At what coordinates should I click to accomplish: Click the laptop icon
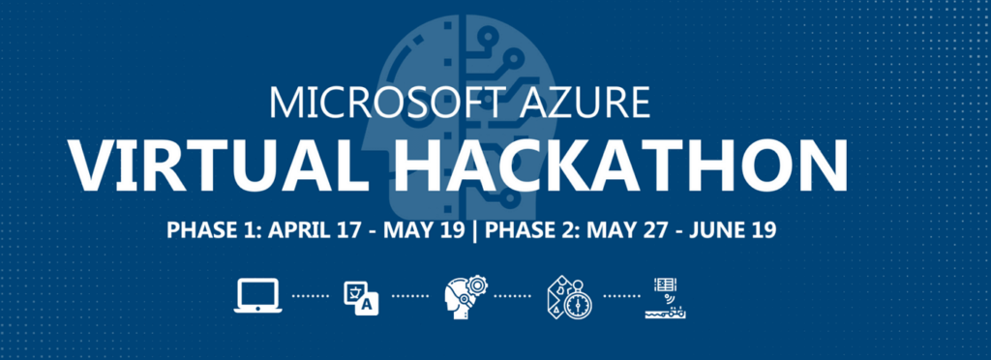(x=256, y=294)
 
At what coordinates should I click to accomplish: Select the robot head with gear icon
(x=465, y=295)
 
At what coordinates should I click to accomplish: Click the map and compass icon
(x=570, y=296)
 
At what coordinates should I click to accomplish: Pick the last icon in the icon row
(x=667, y=296)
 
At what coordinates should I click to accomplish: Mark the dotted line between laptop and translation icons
(x=311, y=296)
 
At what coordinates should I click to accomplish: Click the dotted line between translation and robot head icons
(x=410, y=296)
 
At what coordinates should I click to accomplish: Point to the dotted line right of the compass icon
(x=619, y=296)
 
